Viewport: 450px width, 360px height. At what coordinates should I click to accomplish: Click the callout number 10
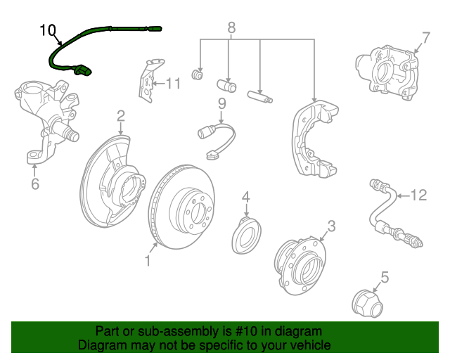click(x=47, y=30)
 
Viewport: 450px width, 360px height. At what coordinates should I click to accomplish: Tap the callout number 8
click(x=231, y=28)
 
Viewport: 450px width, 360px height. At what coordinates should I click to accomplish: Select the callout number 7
click(x=425, y=37)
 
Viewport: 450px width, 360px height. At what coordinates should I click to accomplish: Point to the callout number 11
click(x=173, y=84)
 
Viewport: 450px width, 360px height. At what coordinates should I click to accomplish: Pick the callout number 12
click(x=419, y=195)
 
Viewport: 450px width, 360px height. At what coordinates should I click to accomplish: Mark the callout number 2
click(x=121, y=115)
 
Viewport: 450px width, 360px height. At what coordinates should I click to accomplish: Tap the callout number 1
click(x=148, y=262)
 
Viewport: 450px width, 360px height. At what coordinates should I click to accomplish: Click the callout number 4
click(x=246, y=196)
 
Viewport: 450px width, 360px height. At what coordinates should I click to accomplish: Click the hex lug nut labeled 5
click(x=366, y=302)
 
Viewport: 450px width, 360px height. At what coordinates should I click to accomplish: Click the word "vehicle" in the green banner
click(x=304, y=346)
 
